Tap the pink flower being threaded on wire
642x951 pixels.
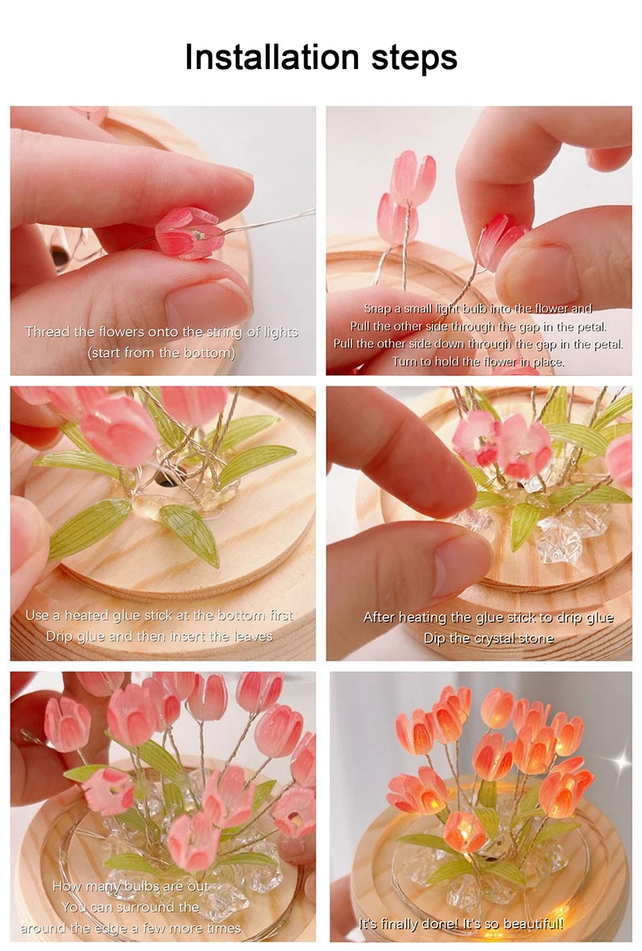click(189, 233)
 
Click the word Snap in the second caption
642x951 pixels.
click(379, 309)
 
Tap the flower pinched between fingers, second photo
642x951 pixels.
click(502, 240)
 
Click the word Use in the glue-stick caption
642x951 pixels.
click(37, 615)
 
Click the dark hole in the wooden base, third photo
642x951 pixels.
click(165, 479)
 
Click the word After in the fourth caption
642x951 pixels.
click(379, 617)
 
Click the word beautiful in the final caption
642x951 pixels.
click(534, 924)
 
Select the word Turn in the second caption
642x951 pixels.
click(404, 362)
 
